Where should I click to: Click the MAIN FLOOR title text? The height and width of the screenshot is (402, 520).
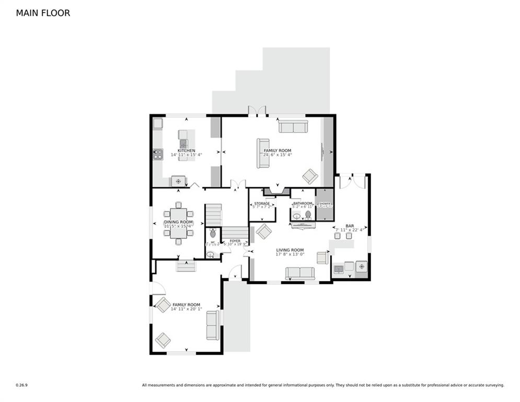coord(43,13)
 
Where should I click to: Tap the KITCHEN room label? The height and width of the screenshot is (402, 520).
coord(186,151)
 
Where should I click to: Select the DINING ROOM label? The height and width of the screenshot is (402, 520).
coord(178,222)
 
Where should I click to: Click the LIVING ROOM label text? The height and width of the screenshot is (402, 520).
coord(290,250)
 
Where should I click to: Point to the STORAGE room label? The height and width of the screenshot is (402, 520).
coord(262,204)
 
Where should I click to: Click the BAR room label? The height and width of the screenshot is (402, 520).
coord(350,226)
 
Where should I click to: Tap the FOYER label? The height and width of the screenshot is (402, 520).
coord(235,241)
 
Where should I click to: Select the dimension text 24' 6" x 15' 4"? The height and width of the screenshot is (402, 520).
coord(277,155)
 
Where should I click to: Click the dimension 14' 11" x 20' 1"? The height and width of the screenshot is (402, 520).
coord(186,309)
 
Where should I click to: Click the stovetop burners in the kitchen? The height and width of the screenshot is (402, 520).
coord(158,154)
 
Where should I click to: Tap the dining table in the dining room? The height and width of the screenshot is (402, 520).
coord(178,223)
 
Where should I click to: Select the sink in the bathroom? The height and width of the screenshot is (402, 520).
coord(296,216)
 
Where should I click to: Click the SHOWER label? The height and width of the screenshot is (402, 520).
coord(325,204)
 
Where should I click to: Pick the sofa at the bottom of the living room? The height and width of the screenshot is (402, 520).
coord(300,273)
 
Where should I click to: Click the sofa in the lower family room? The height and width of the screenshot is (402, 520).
coord(213,325)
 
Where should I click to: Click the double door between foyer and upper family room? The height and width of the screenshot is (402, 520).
coord(238,184)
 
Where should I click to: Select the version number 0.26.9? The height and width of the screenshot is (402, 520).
coord(21,385)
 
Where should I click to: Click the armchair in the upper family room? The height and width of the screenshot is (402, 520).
coord(310,176)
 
